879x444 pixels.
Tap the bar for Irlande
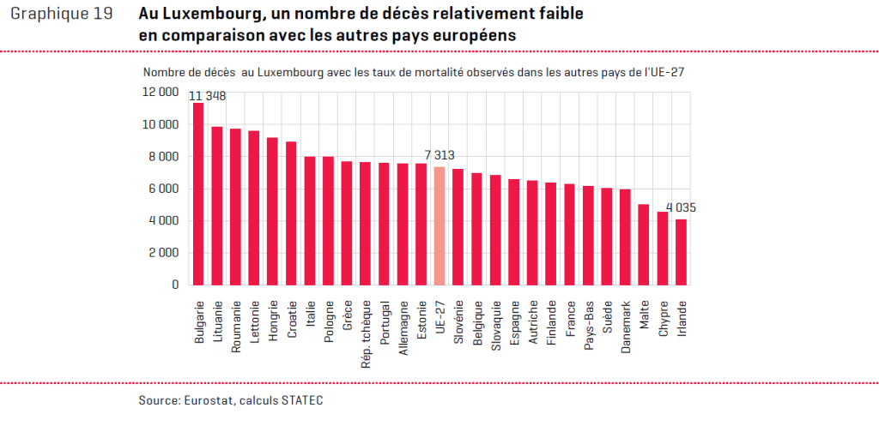[x=681, y=252]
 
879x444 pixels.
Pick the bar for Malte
[x=644, y=244]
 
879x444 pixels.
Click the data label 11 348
[x=208, y=96]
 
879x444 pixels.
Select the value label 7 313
[x=439, y=155]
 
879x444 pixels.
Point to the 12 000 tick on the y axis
[x=161, y=92]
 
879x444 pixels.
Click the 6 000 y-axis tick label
[x=163, y=189]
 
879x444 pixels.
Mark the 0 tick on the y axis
[x=175, y=285]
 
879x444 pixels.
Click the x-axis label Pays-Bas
[x=588, y=322]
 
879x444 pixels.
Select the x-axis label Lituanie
[x=217, y=321]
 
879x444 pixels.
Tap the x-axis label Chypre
[x=663, y=319]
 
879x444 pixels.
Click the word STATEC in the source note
[x=303, y=400]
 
